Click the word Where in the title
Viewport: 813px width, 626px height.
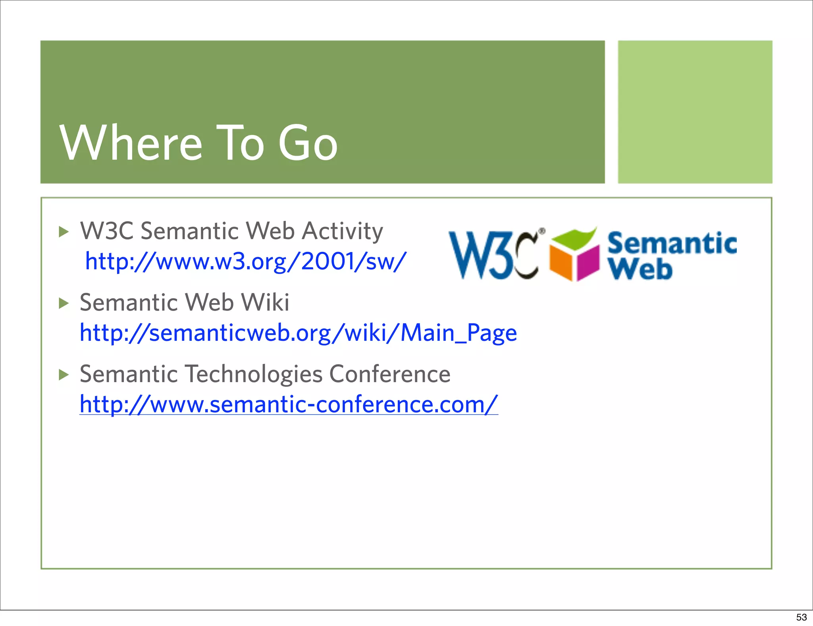click(x=131, y=143)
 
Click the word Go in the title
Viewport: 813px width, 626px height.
click(x=308, y=143)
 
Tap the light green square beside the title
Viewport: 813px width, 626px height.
click(x=695, y=112)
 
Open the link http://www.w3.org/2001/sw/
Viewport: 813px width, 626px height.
click(x=246, y=261)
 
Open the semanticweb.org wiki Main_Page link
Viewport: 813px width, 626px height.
click(x=298, y=333)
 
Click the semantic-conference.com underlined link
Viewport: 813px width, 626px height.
click(x=289, y=404)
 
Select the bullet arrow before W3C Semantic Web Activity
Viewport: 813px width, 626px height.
click(x=64, y=232)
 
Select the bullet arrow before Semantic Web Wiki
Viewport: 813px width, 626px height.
click(x=64, y=303)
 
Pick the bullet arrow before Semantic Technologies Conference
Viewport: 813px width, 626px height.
click(x=64, y=375)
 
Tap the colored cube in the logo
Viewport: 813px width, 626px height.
click(x=574, y=256)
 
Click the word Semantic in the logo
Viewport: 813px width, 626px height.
click(x=672, y=243)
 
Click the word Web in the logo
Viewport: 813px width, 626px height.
click(x=640, y=269)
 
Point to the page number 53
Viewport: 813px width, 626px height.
click(x=801, y=617)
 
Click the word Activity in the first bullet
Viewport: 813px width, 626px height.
click(x=342, y=231)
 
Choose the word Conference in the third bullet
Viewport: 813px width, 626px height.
click(x=390, y=374)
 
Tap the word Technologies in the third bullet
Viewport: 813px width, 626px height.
click(x=254, y=374)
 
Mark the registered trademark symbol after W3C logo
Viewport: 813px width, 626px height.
click(x=542, y=230)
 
